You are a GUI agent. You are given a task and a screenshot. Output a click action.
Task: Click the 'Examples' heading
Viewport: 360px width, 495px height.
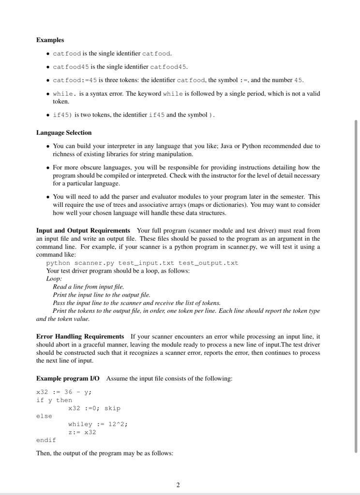(50, 40)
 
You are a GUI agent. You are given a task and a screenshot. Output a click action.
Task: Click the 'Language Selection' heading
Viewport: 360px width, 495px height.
(64, 132)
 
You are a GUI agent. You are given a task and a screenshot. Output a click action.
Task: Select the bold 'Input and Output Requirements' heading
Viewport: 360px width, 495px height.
(83, 231)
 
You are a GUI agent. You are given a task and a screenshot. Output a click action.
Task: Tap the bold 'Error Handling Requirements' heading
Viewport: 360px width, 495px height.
(80, 336)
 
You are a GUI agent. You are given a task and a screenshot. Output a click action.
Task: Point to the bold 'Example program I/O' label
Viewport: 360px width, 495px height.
(68, 378)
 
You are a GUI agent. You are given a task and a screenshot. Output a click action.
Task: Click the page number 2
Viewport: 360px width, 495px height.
(178, 485)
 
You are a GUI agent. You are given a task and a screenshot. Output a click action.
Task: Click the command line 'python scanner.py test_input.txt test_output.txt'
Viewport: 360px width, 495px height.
(142, 263)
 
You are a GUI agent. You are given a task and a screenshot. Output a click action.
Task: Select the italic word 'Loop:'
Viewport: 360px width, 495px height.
(54, 278)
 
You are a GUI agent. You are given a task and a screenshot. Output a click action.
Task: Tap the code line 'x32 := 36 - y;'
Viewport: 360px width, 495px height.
(64, 392)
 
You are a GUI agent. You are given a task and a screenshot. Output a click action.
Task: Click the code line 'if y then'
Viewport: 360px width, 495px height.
(54, 400)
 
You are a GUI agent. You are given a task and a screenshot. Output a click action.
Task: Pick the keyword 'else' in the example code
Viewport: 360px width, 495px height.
(44, 416)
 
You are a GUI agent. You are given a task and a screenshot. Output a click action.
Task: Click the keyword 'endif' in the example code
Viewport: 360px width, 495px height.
(46, 440)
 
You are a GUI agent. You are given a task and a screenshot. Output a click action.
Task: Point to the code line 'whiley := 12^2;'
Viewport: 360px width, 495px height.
(98, 424)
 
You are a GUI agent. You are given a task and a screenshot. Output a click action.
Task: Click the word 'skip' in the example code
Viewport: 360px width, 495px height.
(112, 408)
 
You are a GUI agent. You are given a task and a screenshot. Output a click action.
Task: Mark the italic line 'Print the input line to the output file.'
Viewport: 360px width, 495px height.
(101, 294)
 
